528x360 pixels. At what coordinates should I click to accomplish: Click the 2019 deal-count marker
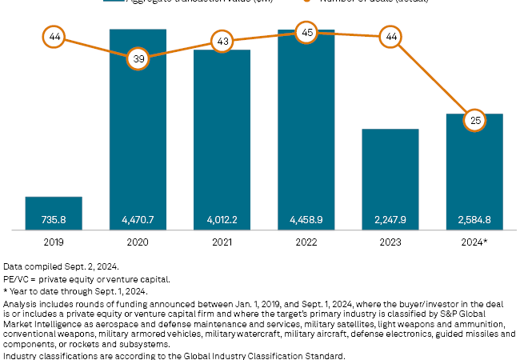coord(54,37)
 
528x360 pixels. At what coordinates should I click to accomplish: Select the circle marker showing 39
coord(138,58)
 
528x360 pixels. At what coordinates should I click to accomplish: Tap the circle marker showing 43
coord(222,41)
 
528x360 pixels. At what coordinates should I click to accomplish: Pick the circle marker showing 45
coord(306,33)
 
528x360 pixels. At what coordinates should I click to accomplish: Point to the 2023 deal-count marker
coord(390,37)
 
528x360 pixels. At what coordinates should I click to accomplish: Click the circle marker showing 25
coord(474,121)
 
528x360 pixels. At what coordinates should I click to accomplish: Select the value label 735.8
coord(54,219)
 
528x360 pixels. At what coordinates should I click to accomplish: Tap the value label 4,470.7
coord(138,219)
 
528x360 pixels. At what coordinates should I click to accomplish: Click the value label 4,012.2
coord(222,219)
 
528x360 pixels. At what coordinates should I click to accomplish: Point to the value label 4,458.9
coord(306,219)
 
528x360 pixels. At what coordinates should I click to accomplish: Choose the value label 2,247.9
coord(390,219)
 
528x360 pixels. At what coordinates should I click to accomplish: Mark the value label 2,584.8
coord(474,219)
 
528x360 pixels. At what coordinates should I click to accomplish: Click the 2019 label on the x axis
coord(54,240)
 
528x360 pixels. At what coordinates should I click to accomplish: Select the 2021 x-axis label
coord(222,240)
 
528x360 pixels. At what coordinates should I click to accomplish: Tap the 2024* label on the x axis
coord(474,240)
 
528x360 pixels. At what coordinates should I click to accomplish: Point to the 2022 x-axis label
coord(306,240)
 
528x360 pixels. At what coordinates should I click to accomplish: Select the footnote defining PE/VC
coord(86,278)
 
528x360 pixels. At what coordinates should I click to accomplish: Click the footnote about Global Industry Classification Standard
coord(174,354)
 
